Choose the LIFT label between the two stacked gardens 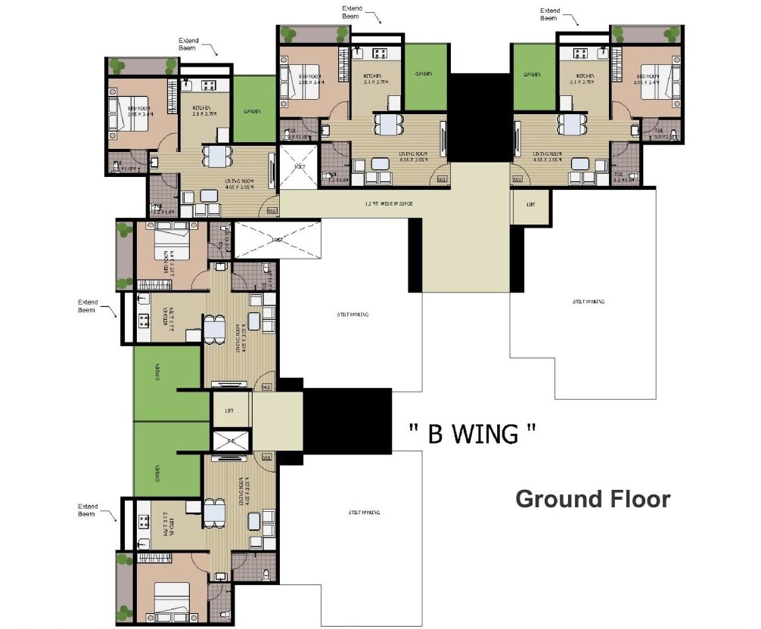coord(229,411)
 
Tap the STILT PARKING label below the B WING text coord(364,512)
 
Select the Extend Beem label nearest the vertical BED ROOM coord(89,305)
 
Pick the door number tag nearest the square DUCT coord(272,211)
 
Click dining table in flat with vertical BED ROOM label coord(216,327)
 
